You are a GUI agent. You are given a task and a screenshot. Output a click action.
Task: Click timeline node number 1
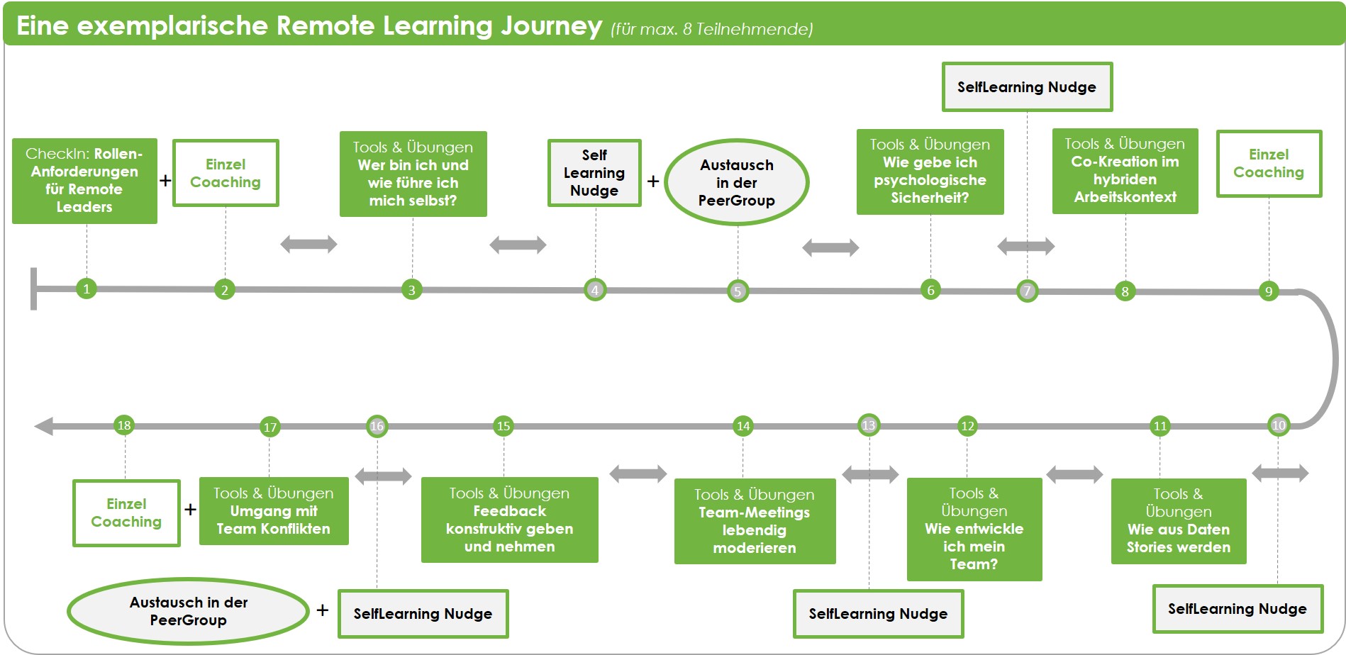(x=87, y=289)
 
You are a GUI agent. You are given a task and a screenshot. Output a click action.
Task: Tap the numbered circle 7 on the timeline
(x=1027, y=291)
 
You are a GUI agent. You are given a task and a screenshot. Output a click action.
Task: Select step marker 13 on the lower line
(x=869, y=425)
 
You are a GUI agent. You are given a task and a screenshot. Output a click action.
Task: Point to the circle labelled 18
(x=124, y=425)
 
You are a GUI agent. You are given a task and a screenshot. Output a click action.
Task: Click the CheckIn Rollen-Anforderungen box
(x=84, y=181)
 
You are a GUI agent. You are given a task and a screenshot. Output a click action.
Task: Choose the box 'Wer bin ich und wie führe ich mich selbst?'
(x=413, y=174)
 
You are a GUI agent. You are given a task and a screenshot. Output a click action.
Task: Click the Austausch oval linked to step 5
(x=737, y=182)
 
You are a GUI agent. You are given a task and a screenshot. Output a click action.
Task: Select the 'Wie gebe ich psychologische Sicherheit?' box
(x=930, y=172)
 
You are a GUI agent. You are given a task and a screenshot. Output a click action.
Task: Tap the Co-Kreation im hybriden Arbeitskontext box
(x=1125, y=171)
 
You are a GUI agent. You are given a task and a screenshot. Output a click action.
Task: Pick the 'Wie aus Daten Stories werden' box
(x=1178, y=521)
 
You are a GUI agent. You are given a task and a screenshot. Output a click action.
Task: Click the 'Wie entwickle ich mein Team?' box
(x=974, y=529)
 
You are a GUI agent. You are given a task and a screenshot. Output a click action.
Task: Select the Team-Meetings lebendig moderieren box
(x=755, y=521)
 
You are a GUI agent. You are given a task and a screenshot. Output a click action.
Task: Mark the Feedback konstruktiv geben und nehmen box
(x=509, y=520)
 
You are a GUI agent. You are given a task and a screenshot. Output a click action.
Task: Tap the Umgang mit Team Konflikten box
(x=274, y=511)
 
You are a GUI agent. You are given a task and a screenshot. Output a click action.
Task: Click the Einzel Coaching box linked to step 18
(x=126, y=513)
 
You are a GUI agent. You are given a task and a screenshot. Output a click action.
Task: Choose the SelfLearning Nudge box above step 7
(x=1026, y=87)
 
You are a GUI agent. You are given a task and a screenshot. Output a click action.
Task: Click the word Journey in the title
(x=551, y=26)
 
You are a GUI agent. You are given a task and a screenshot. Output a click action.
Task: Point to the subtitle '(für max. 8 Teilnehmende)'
(x=711, y=29)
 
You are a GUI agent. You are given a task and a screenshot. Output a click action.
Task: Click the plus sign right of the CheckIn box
(x=165, y=181)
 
